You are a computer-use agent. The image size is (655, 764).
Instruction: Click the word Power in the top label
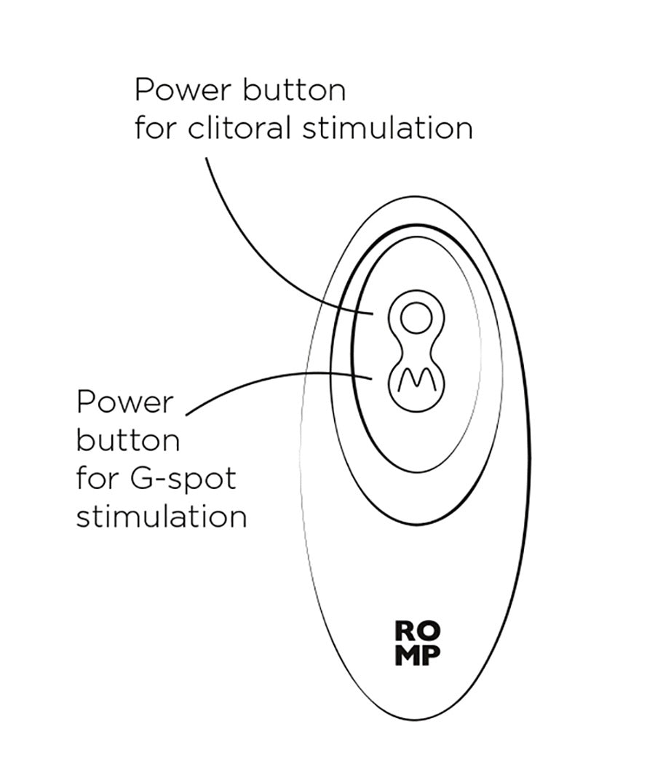[183, 91]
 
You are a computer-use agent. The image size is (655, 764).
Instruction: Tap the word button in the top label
[294, 89]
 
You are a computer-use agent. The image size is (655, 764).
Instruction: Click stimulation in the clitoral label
[387, 127]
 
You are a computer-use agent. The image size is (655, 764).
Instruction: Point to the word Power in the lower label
[124, 402]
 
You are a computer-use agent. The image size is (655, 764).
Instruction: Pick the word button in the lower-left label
[127, 440]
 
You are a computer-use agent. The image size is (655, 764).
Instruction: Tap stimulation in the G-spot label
[162, 516]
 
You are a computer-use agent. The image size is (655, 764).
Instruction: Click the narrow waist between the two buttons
[416, 350]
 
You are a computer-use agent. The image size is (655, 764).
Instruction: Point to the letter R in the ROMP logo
[405, 631]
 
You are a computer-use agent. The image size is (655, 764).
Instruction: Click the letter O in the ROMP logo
[429, 631]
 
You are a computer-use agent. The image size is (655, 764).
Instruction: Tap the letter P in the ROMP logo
[432, 656]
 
